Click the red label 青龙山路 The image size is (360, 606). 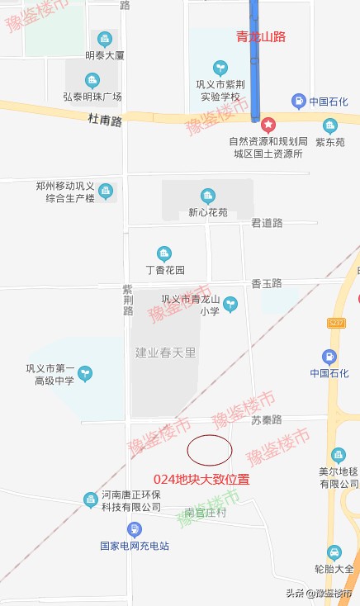click(x=261, y=36)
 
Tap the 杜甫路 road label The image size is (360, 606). click(x=105, y=121)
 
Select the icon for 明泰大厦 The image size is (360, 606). click(x=104, y=39)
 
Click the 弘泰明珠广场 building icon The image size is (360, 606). click(x=92, y=80)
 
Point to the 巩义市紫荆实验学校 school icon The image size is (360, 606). click(x=220, y=67)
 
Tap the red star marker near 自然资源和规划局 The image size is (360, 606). click(x=268, y=125)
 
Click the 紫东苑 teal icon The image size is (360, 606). click(x=330, y=125)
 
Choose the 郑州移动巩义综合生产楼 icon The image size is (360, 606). click(x=105, y=192)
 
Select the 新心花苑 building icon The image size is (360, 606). click(x=207, y=196)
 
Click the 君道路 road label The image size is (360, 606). click(x=267, y=223)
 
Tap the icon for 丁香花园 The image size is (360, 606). click(x=164, y=253)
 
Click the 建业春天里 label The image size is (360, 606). click(x=165, y=353)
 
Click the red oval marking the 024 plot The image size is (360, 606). click(x=209, y=450)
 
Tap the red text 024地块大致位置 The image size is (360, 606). click(x=201, y=479)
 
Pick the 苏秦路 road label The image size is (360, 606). click(x=267, y=420)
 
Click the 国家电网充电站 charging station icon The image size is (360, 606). click(x=134, y=528)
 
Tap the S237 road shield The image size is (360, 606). click(x=336, y=321)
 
